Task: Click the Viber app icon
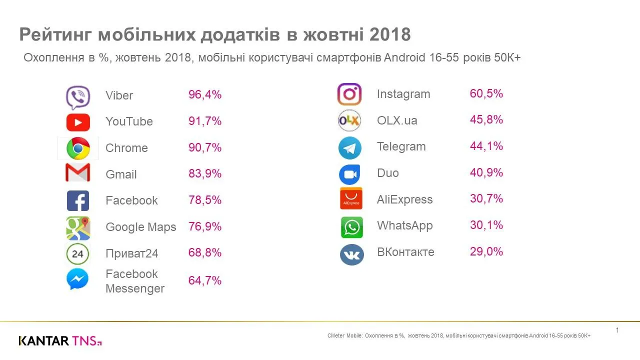[78, 97]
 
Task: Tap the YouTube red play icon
[78, 122]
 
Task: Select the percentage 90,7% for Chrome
[205, 147]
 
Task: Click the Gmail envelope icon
[78, 173]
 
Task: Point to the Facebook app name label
[131, 200]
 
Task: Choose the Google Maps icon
[78, 228]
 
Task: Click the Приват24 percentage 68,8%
[205, 252]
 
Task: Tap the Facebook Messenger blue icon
[77, 279]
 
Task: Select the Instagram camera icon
[349, 94]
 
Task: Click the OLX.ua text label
[397, 120]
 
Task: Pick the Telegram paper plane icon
[349, 148]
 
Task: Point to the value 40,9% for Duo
[486, 172]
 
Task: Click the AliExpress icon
[351, 198]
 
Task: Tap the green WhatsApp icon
[352, 227]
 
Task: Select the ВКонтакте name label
[405, 252]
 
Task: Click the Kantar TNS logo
[60, 341]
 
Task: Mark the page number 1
[617, 330]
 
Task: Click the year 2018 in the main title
[390, 35]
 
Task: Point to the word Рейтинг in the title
[55, 35]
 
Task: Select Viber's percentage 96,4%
[205, 94]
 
